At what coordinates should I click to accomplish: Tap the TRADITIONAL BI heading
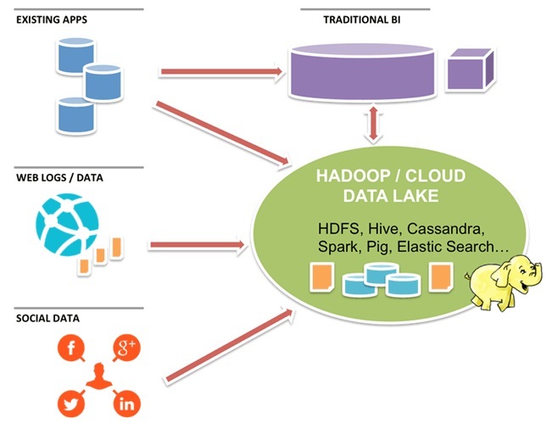coord(365,19)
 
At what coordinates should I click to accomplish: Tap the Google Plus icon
coord(126,348)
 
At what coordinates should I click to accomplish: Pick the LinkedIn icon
coord(126,403)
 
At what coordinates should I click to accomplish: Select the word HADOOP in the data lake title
coord(349,177)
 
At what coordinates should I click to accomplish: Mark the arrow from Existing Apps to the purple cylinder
coord(220,72)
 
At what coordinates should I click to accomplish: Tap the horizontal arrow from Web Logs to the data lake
coord(197,246)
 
